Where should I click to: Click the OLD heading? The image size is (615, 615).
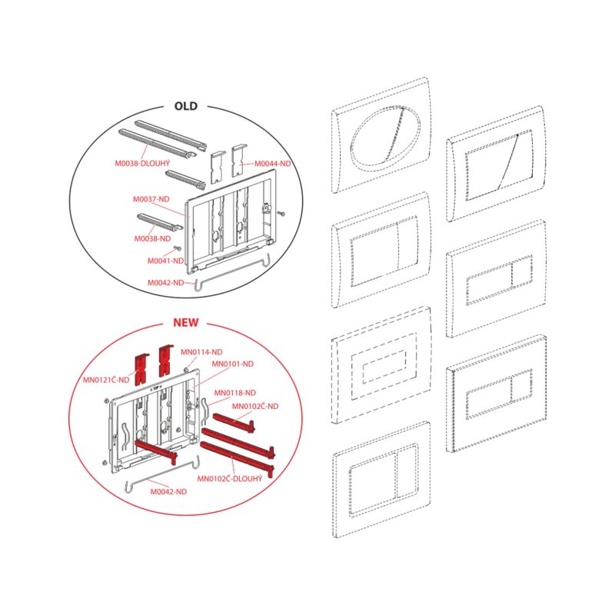pos(186,106)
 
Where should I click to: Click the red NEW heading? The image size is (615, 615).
pos(186,322)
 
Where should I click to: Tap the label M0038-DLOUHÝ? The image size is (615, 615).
pos(142,163)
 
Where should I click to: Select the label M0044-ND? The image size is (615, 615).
pos(273,164)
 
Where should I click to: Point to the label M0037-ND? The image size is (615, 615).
pos(151,199)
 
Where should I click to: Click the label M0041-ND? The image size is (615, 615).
pos(165,261)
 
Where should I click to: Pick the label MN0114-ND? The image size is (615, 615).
pos(201,352)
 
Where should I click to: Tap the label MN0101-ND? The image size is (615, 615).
pos(233,364)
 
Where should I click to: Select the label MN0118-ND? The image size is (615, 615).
pos(235,393)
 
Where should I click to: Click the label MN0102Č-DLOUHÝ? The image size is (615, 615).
pos(229,478)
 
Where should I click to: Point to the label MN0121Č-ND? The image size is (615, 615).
pos(106,380)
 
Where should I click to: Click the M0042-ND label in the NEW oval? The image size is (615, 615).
pos(168,491)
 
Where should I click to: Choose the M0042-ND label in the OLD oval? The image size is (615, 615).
pos(165,282)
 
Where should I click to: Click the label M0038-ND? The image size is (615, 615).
pos(152,238)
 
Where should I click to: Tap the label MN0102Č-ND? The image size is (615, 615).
pos(255,406)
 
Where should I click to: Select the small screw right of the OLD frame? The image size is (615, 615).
pos(281,214)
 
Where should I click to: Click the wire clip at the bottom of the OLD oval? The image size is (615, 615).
pos(232,274)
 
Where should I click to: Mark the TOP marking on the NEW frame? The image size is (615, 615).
pos(156,389)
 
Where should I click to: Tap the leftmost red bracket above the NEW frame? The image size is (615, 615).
pos(141,369)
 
